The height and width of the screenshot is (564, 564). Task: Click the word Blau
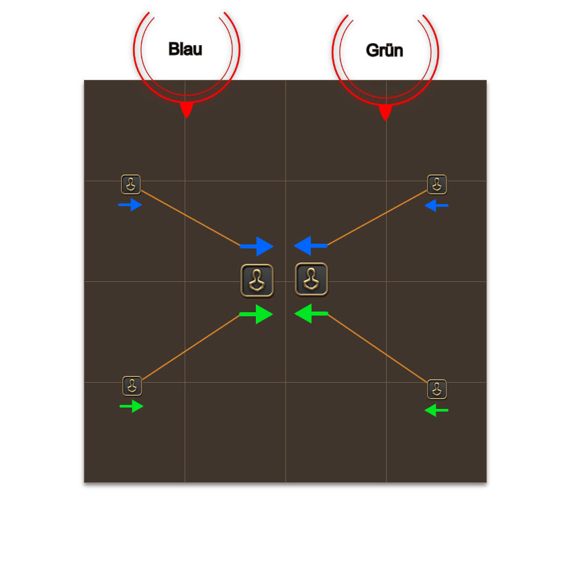[x=185, y=49]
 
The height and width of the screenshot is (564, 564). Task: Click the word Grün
[x=384, y=50]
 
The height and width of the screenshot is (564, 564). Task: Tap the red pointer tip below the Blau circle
[x=187, y=117]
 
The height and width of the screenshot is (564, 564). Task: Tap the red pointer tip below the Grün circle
[x=385, y=120]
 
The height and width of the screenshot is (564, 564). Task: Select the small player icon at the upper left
[x=131, y=185]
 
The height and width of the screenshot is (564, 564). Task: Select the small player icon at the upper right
[x=437, y=185]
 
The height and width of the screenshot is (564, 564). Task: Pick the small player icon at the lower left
[x=132, y=386]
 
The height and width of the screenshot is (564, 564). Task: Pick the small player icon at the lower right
[x=437, y=389]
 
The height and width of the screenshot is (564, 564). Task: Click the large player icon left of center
[x=257, y=281]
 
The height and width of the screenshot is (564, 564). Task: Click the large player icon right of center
[x=312, y=279]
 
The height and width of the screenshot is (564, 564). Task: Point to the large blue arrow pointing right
[x=256, y=246]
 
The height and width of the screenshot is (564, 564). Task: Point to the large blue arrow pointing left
[x=311, y=246]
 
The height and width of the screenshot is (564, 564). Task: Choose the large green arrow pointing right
[x=256, y=314]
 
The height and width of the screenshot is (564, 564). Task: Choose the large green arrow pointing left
[x=311, y=314]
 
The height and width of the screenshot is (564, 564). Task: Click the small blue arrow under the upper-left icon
[x=130, y=205]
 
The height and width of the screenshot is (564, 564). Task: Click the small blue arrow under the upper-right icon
[x=436, y=205]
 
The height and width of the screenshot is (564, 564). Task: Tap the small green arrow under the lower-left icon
[x=132, y=406]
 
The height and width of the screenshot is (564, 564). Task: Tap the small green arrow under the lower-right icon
[x=436, y=410]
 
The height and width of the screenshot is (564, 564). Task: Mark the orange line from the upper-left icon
[x=191, y=218]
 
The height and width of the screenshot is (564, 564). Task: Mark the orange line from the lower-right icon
[x=377, y=348]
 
